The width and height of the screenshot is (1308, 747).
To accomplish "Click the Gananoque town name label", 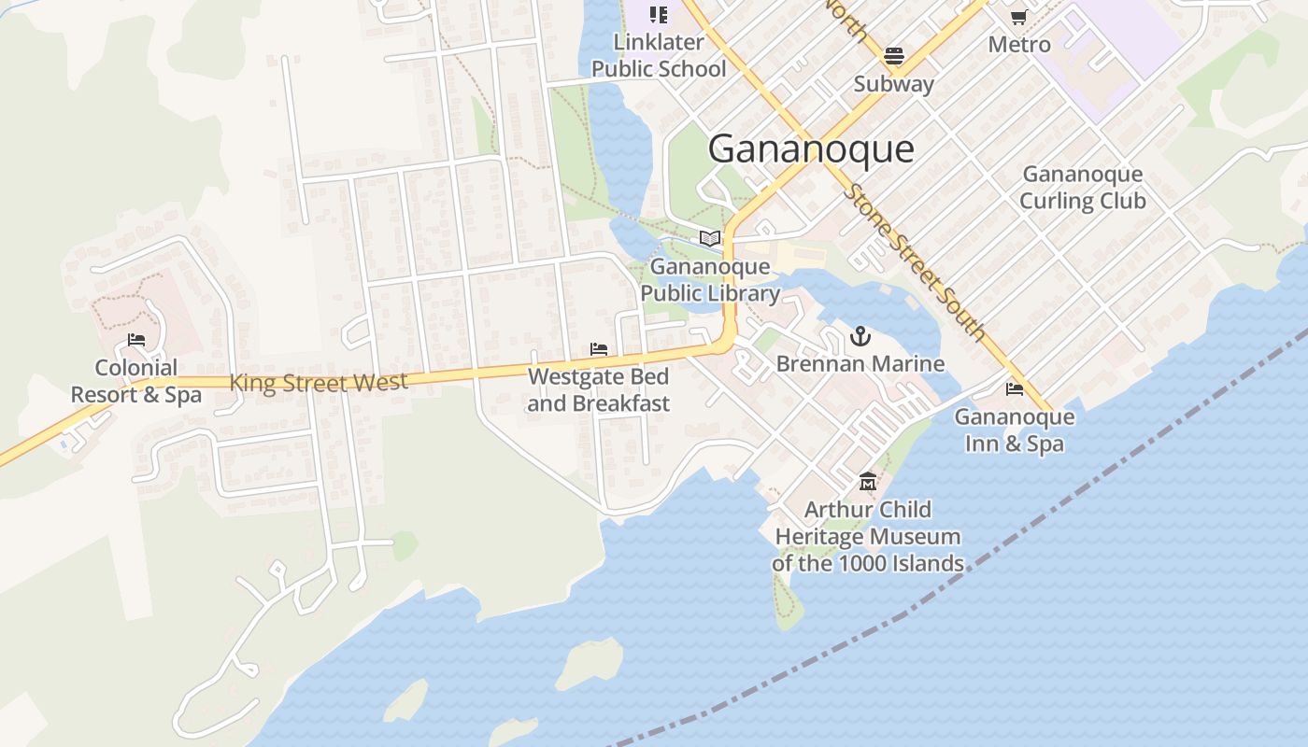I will pyautogui.click(x=811, y=149).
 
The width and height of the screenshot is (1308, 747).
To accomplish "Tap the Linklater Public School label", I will pyautogui.click(x=659, y=56).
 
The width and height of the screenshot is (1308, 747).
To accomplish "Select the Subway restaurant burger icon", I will pyautogui.click(x=894, y=56).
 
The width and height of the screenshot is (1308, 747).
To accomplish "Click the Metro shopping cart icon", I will pyautogui.click(x=1019, y=17).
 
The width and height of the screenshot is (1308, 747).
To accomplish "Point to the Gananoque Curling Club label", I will pyautogui.click(x=1082, y=188).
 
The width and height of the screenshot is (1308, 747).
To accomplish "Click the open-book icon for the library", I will pyautogui.click(x=710, y=238).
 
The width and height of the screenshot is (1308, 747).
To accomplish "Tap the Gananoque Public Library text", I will pyautogui.click(x=710, y=280).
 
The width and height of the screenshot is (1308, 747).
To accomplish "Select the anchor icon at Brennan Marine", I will pyautogui.click(x=860, y=336).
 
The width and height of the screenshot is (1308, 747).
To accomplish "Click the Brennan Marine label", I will pyautogui.click(x=860, y=364).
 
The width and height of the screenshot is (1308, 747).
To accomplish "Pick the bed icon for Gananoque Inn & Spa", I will pyautogui.click(x=1015, y=389).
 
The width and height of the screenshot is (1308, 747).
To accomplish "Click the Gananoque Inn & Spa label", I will pyautogui.click(x=1015, y=430).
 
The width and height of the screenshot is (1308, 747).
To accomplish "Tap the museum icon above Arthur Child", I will pyautogui.click(x=868, y=482).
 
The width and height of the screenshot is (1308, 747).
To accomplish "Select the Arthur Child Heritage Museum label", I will pyautogui.click(x=868, y=537).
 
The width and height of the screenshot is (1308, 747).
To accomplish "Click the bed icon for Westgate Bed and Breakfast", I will pyautogui.click(x=599, y=349).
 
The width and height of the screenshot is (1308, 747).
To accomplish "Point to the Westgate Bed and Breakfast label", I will pyautogui.click(x=599, y=390).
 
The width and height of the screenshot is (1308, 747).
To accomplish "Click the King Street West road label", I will pyautogui.click(x=319, y=383).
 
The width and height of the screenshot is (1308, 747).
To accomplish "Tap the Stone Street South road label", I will pyautogui.click(x=915, y=261).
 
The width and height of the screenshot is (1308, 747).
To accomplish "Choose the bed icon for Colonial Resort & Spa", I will pyautogui.click(x=136, y=340).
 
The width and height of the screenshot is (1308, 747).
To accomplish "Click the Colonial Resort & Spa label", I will pyautogui.click(x=136, y=381).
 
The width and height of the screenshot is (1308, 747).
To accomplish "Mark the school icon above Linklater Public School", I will pyautogui.click(x=659, y=14).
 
